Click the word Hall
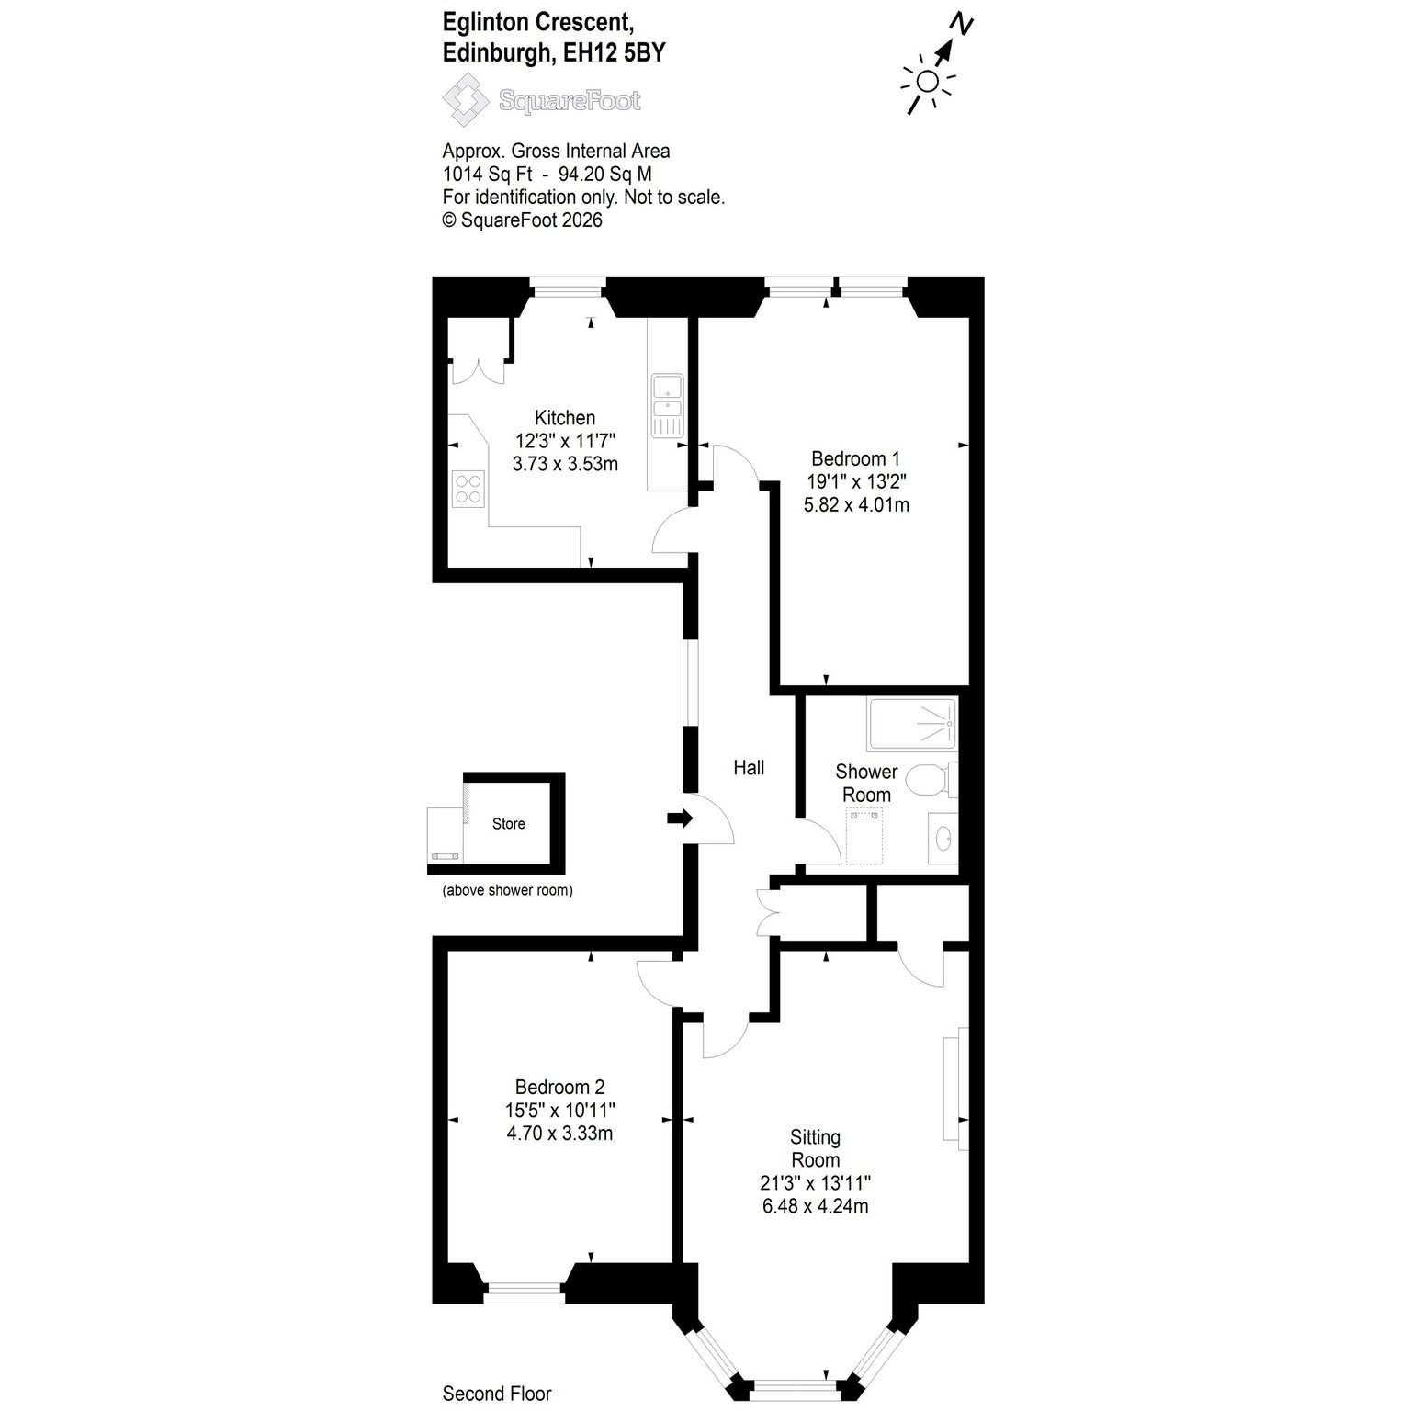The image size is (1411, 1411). tap(749, 768)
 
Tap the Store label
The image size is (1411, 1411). tap(508, 824)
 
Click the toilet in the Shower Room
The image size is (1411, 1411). tap(931, 781)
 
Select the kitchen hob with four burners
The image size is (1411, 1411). tap(468, 488)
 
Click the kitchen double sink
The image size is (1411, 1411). tap(666, 404)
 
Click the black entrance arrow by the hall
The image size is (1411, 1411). tap(681, 818)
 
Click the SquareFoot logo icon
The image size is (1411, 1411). tap(466, 99)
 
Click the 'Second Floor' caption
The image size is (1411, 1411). tap(497, 1394)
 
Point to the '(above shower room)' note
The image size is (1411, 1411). tap(508, 890)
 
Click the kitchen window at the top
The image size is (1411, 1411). tap(568, 290)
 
